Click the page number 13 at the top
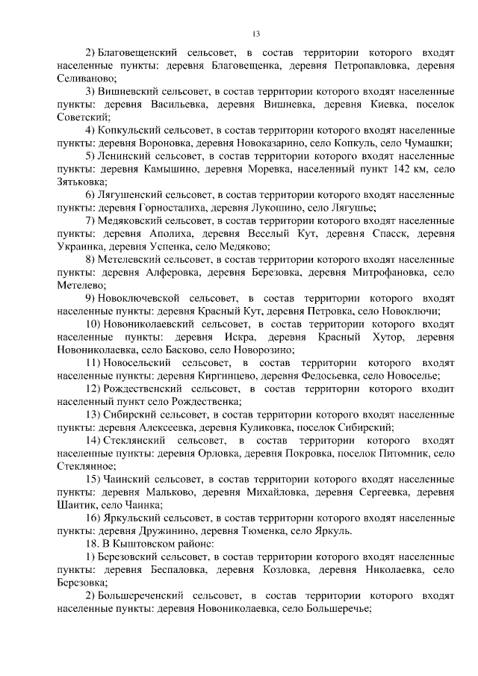(255, 34)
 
